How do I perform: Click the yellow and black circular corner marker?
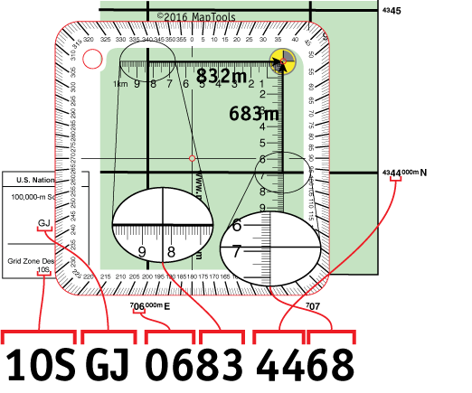[x=282, y=62]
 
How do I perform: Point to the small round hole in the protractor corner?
[x=91, y=58]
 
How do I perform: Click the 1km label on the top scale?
[x=119, y=84]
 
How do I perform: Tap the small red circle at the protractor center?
[x=192, y=159]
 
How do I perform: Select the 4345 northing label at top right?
[x=392, y=10]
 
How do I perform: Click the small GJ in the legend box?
[x=44, y=223]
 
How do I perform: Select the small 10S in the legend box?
[x=42, y=270]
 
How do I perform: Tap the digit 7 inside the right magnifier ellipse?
[x=236, y=250]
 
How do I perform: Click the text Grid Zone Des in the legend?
[x=32, y=260]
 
